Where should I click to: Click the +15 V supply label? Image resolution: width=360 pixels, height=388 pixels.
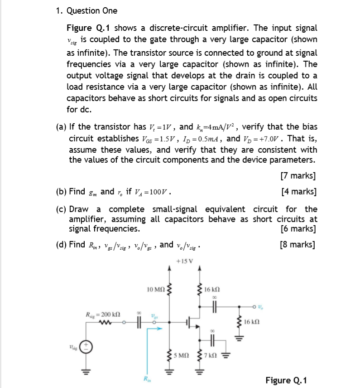pos(185,261)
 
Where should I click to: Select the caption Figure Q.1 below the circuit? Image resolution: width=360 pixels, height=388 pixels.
pos(286,380)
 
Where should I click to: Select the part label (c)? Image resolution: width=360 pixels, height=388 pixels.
pos(62,209)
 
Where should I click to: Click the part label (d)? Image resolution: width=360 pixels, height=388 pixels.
pos(62,245)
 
